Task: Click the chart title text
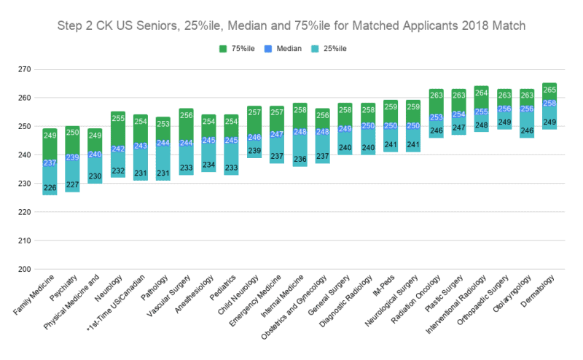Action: pos(291,26)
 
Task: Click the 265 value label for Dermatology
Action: pos(549,90)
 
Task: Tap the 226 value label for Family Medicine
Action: pos(50,187)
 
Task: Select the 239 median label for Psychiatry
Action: pos(72,157)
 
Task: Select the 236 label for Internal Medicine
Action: pos(299,160)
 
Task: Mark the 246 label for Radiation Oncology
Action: pos(436,131)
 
